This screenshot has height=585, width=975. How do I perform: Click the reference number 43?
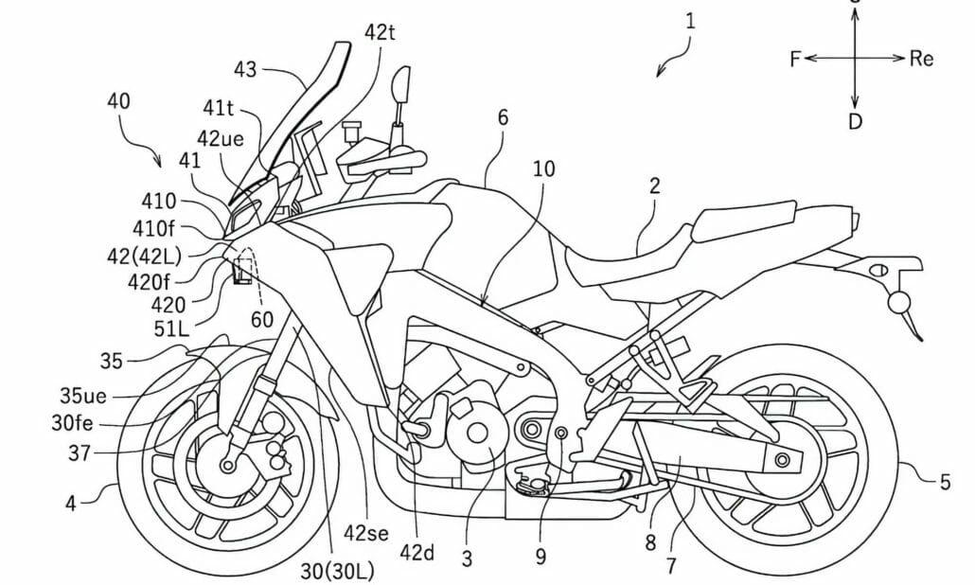[x=245, y=69]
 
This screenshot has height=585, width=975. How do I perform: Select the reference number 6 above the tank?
[x=502, y=117]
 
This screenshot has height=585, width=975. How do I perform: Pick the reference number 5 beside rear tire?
[x=944, y=483]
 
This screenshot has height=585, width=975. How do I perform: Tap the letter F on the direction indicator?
[x=795, y=59]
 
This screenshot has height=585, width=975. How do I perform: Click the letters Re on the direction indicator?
[x=921, y=59]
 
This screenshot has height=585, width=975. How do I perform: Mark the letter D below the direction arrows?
[x=855, y=122]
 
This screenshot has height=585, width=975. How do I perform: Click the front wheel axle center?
[x=227, y=465]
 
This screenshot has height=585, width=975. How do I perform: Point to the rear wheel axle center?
[x=781, y=460]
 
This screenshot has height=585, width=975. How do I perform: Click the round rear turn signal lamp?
[x=897, y=302]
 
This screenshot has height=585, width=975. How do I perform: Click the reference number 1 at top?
[x=692, y=19]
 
